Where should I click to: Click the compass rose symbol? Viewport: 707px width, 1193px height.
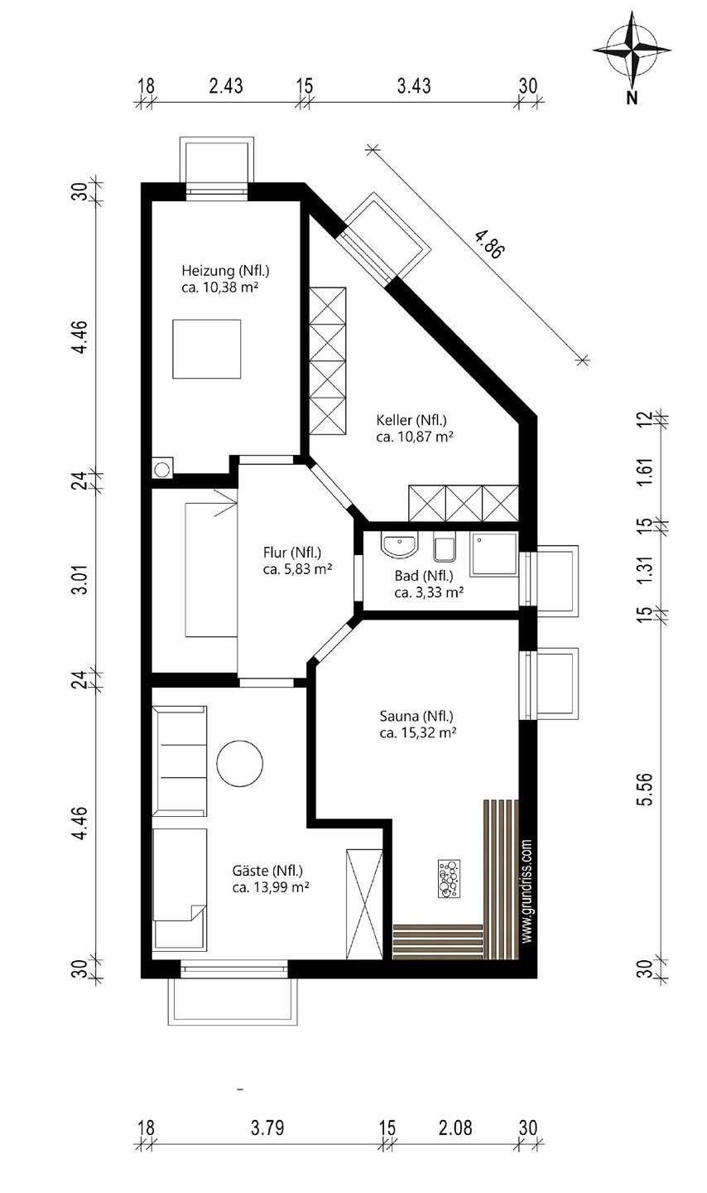click(x=632, y=50)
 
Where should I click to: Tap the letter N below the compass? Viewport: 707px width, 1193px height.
click(x=632, y=99)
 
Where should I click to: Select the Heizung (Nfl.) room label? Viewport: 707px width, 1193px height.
click(x=225, y=271)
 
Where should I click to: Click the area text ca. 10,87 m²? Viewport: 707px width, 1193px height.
click(x=415, y=437)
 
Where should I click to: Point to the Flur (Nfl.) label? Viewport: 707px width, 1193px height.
click(x=291, y=553)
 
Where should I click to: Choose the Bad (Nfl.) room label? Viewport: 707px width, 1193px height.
click(x=424, y=576)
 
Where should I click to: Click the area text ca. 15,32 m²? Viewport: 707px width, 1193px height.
click(x=418, y=733)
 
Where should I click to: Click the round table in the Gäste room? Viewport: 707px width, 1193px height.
click(x=239, y=763)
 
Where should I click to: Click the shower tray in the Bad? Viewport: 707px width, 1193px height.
click(x=493, y=554)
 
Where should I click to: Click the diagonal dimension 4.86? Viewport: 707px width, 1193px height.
click(x=488, y=244)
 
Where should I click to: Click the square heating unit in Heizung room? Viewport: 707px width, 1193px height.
click(x=206, y=349)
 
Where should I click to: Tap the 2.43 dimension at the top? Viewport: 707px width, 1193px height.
click(x=226, y=85)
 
